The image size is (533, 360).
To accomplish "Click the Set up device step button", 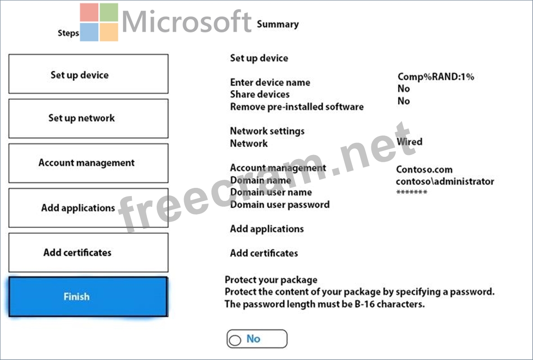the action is (88, 74).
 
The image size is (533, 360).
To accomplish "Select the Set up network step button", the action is (88, 118).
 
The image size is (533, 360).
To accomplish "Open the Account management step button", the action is (88, 163).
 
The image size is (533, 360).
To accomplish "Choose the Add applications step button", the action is (88, 208).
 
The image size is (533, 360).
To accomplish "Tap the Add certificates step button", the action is (88, 252).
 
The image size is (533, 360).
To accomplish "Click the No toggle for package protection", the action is (257, 339).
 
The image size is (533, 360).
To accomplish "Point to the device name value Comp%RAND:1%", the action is (436, 77).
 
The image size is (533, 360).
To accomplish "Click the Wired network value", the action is (409, 141).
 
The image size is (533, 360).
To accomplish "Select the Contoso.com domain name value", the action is (424, 169).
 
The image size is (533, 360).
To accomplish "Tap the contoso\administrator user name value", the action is (445, 182).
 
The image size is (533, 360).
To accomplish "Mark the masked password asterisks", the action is (411, 192).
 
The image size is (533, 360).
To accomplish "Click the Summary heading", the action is (278, 24).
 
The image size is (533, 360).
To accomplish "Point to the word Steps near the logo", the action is (68, 33).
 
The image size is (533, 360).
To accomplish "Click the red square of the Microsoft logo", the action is (90, 12).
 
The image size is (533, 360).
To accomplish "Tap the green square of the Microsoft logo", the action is (109, 12).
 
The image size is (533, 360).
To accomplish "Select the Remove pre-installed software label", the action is (297, 107).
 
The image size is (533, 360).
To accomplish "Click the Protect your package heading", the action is (271, 280).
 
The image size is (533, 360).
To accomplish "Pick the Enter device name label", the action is (270, 82).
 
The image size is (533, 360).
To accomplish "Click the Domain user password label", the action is (280, 205).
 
